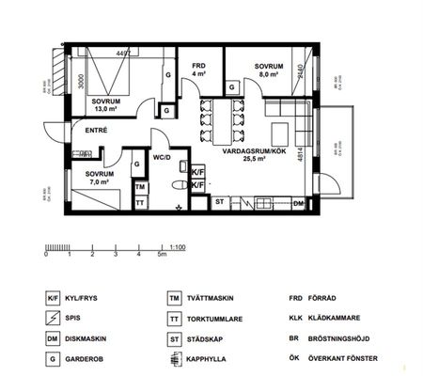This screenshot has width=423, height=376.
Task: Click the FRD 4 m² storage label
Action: [199, 68]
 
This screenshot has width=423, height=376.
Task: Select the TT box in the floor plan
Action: [140, 202]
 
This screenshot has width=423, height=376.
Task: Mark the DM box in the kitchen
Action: [299, 203]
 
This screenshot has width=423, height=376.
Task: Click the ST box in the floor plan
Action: [219, 202]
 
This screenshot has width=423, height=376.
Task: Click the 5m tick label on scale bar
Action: [162, 255]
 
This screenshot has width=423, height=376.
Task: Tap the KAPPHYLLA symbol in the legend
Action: [174, 359]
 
